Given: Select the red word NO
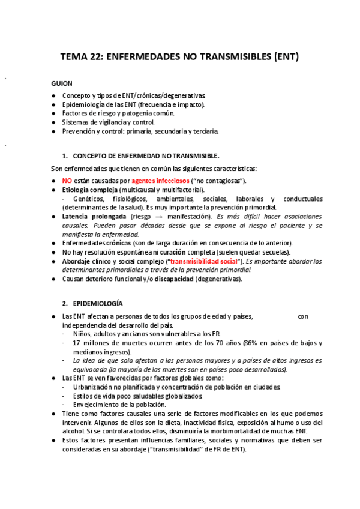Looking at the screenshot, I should point(67,181).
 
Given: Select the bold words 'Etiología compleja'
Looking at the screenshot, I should point(89,190).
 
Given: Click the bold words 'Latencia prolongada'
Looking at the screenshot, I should point(94,216).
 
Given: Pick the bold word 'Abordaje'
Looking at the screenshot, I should point(78,261).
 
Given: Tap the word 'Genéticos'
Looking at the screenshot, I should point(91,199).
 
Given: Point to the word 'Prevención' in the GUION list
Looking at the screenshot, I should point(79,131).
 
